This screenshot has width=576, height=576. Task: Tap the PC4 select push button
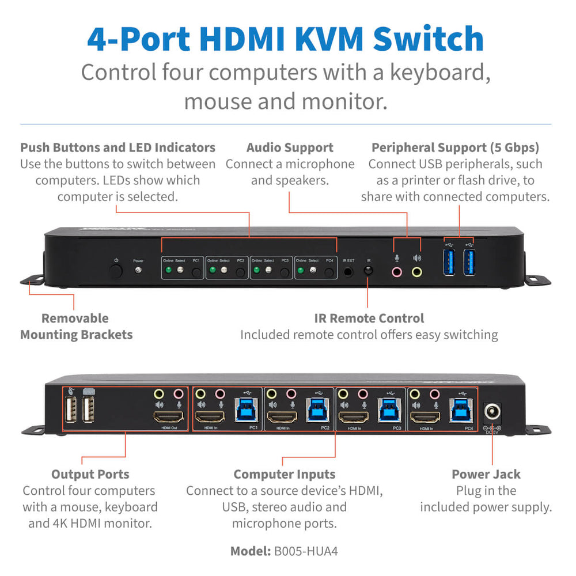click(x=329, y=271)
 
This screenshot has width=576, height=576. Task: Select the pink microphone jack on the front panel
click(x=396, y=271)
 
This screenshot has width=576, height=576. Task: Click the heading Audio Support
click(x=290, y=147)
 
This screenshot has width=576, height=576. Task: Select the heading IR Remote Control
click(x=369, y=318)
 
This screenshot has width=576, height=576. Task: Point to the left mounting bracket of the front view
click(x=32, y=281)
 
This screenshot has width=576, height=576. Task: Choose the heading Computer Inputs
click(x=284, y=475)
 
